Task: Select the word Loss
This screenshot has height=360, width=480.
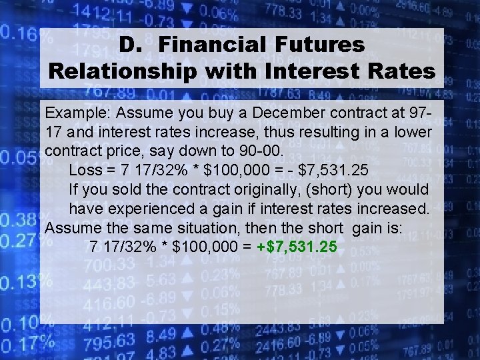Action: point(85,169)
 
